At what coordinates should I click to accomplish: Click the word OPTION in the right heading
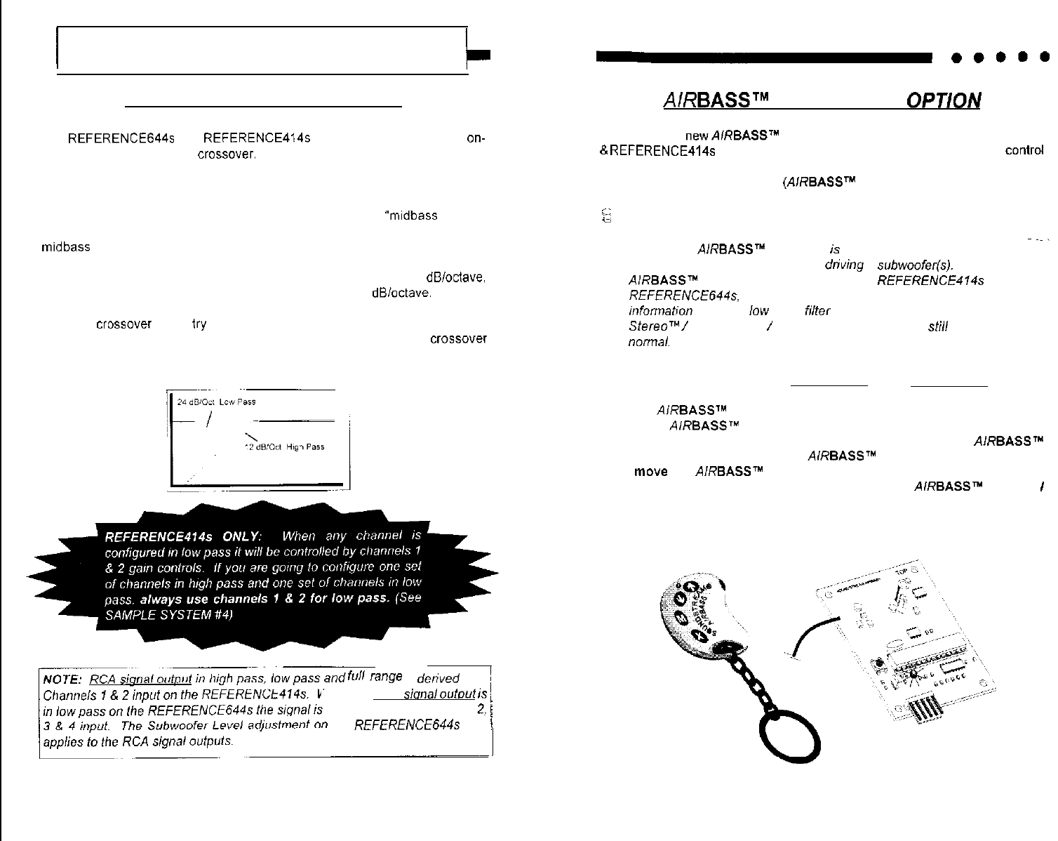(944, 101)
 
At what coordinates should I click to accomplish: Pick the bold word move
(650, 472)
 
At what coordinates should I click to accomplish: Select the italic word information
(660, 311)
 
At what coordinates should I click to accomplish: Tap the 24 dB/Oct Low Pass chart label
(216, 402)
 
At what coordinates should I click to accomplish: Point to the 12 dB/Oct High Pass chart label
(284, 447)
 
